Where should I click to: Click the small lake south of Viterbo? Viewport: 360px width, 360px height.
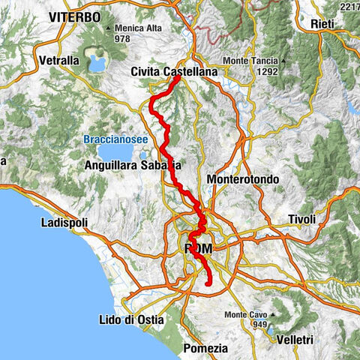97,61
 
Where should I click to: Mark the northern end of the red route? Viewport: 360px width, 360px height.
176,77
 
